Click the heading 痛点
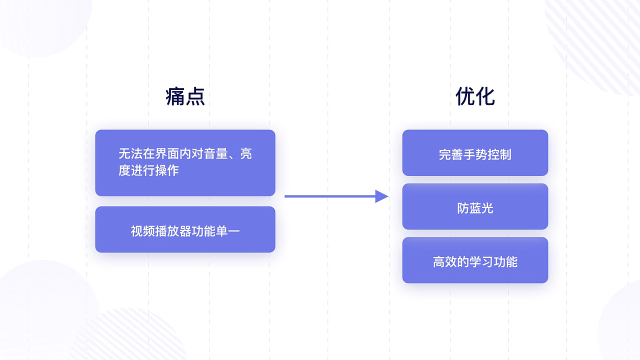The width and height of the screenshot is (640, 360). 185,96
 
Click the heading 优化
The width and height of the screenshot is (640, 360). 475,96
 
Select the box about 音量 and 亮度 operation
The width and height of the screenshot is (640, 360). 185,163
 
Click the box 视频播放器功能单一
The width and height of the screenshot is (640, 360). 185,229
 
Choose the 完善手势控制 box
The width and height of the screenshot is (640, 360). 475,153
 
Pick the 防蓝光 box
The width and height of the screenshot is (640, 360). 475,206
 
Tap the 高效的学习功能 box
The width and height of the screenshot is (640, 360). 475,260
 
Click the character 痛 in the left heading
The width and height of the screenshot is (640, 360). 175,96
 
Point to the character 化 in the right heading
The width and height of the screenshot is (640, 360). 485,96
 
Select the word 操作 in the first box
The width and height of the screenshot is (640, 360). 167,170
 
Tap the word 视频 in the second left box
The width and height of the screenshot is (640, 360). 143,231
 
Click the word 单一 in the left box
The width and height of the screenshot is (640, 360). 227,231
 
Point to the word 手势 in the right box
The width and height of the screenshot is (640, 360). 475,154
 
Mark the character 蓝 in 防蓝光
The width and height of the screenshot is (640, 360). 475,208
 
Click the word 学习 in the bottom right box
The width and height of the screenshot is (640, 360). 475,262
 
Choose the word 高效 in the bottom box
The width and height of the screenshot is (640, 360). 445,262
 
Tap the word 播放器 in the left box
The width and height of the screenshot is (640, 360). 173,231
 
